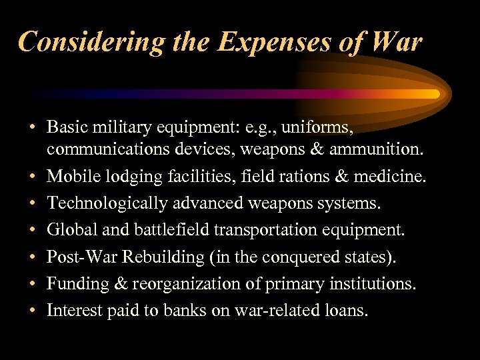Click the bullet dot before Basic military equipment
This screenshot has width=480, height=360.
coord(31,127)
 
